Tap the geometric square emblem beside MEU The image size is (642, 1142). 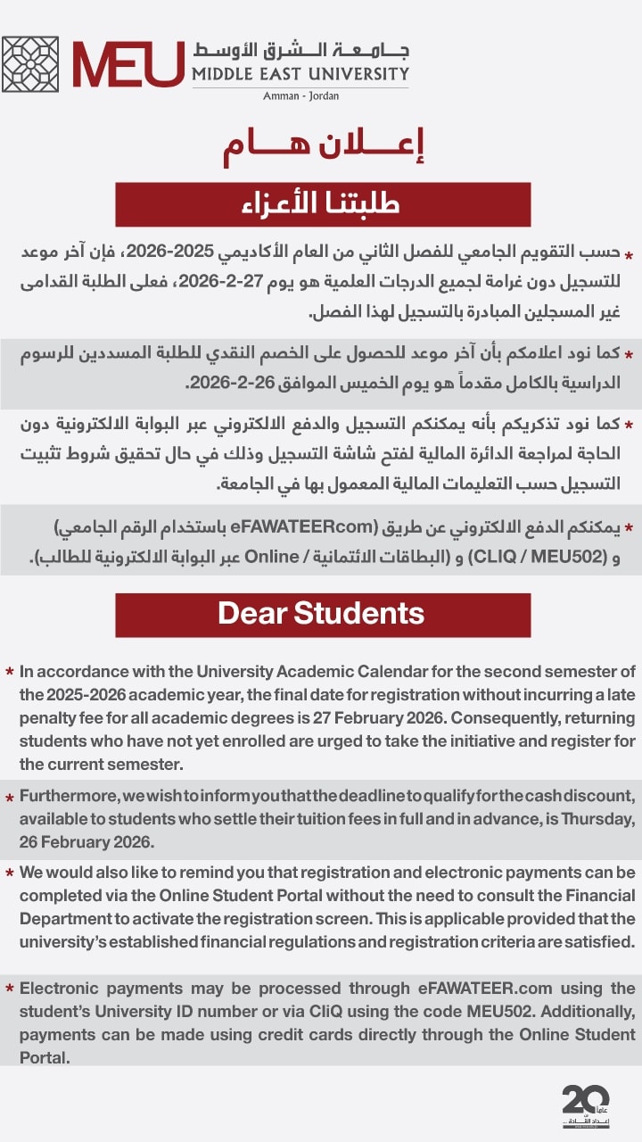coord(30,64)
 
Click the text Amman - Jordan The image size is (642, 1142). coord(300,95)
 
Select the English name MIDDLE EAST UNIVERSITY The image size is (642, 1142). coord(300,74)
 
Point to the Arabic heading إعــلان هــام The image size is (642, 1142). coord(323,146)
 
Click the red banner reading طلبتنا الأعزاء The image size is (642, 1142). coord(323,204)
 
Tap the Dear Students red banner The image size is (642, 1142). coord(323,614)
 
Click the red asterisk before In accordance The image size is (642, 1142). coord(9,672)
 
